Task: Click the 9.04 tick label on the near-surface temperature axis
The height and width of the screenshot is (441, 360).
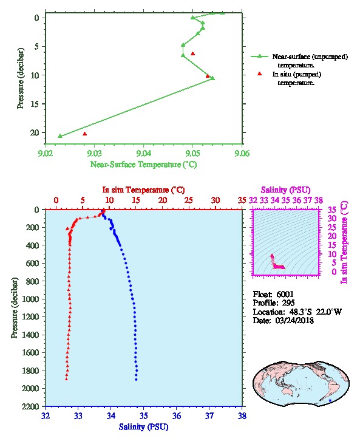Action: click(144, 153)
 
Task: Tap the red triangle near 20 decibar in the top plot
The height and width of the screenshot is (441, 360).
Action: click(84, 134)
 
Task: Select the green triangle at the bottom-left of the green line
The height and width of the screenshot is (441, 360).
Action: click(60, 136)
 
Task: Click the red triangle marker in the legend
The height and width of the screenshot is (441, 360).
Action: click(259, 73)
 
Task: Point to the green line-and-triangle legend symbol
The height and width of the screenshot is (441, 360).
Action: click(259, 56)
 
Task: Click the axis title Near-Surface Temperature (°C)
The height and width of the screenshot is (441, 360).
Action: click(143, 164)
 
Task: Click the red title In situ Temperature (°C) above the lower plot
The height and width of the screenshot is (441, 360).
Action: click(143, 190)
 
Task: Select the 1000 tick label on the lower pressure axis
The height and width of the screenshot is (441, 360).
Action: click(30, 299)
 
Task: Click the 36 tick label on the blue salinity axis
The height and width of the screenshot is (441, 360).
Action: click(177, 415)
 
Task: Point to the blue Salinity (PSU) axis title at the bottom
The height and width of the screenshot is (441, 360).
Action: click(143, 427)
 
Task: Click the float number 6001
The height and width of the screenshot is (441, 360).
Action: click(285, 294)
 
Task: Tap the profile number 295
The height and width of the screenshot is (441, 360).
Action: click(288, 303)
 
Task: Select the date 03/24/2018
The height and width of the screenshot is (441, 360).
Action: click(294, 320)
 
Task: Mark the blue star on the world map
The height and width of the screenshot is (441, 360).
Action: click(330, 400)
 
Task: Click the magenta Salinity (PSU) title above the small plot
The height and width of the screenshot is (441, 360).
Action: click(285, 190)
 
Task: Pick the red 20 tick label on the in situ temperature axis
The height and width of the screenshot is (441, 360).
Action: click(163, 200)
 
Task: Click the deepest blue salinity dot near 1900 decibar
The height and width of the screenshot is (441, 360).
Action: click(137, 380)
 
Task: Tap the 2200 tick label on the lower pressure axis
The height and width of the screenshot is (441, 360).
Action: click(30, 406)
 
